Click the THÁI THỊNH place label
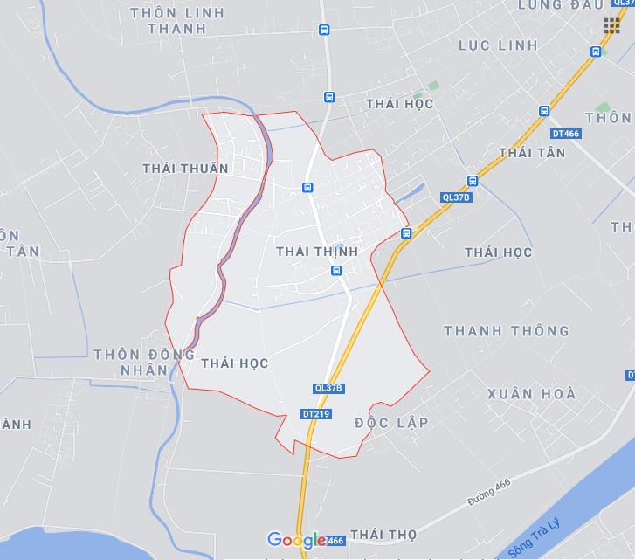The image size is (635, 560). [317, 252]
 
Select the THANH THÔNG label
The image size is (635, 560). [507, 331]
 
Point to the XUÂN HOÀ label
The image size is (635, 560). [532, 394]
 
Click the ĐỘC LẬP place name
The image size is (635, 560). [392, 423]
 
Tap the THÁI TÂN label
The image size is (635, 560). [532, 153]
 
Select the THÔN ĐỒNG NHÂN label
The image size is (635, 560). [143, 362]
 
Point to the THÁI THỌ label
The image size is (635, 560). [383, 534]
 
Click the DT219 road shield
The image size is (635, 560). [315, 414]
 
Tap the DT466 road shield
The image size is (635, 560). [566, 133]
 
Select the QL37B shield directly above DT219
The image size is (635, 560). [328, 388]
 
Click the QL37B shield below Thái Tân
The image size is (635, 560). [456, 197]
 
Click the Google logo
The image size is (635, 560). [296, 541]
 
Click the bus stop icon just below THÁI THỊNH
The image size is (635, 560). [336, 272]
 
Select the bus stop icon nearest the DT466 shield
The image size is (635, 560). [544, 112]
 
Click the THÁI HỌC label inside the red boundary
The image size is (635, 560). [234, 363]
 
